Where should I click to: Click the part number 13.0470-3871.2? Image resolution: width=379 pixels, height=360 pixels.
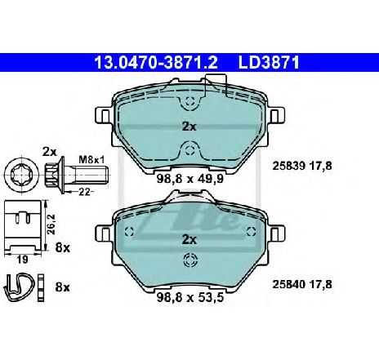pyautogui.click(x=156, y=63)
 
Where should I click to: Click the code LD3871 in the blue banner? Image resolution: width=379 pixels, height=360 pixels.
pyautogui.click(x=269, y=63)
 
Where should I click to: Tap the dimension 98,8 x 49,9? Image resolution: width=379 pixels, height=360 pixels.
pyautogui.click(x=190, y=179)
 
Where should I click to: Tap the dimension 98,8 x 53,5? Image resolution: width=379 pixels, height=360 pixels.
pyautogui.click(x=190, y=297)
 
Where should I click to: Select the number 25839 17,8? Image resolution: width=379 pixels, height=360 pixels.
pyautogui.click(x=302, y=166)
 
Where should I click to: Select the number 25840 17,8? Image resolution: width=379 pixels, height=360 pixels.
pyautogui.click(x=302, y=285)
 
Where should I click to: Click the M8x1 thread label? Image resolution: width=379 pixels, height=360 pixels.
pyautogui.click(x=91, y=160)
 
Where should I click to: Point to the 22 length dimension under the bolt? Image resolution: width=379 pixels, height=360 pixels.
pyautogui.click(x=84, y=192)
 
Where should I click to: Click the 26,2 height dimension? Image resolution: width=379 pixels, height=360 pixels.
pyautogui.click(x=51, y=224)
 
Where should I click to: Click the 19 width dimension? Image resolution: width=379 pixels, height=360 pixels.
pyautogui.click(x=22, y=260)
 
